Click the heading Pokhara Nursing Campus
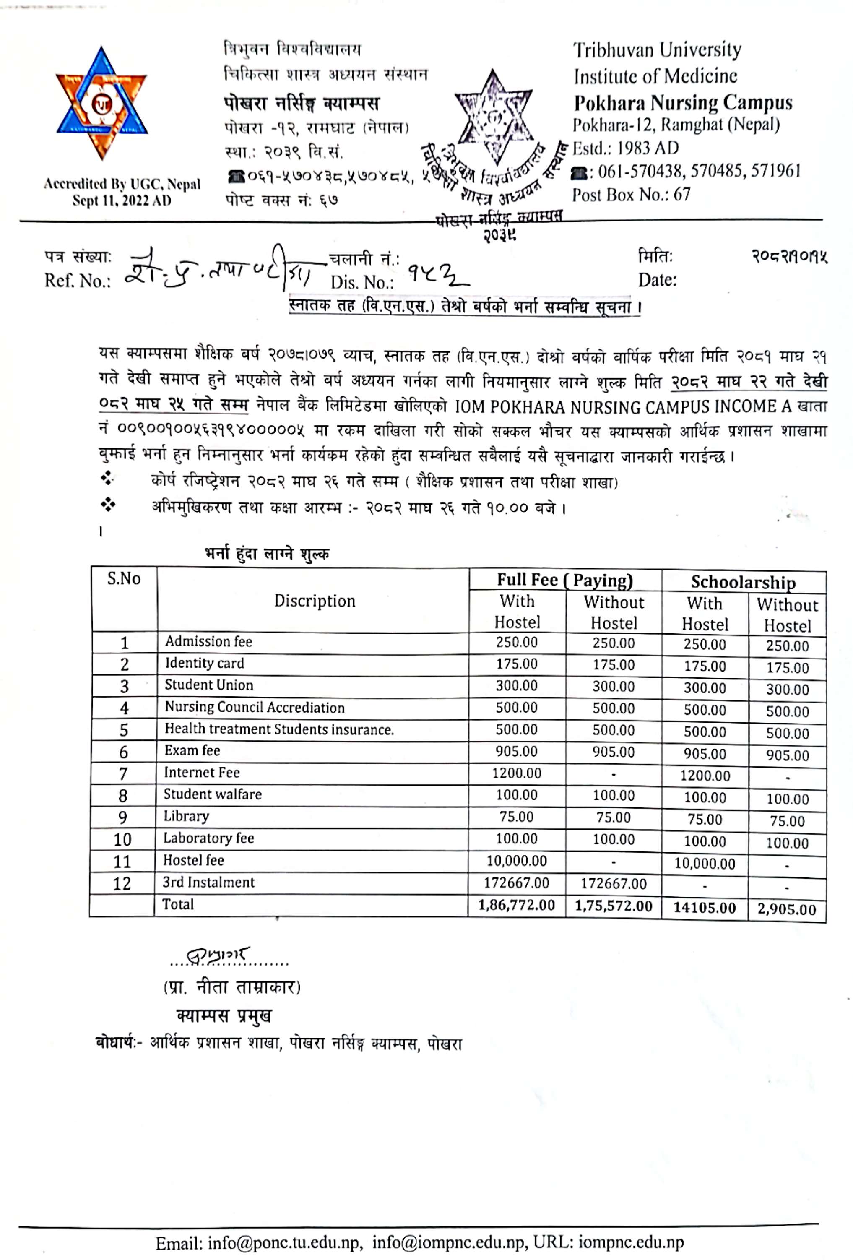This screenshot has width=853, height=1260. pos(683,102)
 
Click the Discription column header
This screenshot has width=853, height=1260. pos(315,601)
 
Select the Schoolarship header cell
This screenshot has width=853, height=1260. pos(743,582)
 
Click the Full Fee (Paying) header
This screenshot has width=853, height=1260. pos(565,580)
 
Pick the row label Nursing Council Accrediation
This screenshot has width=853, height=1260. pos(255,708)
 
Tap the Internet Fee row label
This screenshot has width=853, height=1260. pos(202,773)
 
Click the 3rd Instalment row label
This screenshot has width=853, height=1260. pos(209,882)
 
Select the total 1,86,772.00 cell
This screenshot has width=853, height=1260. pos(517,905)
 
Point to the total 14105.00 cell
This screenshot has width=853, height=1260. pos(705,908)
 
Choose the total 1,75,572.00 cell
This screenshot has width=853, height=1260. pos(614,906)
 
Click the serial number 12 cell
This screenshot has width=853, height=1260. pos(122,884)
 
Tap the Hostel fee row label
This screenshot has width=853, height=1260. pos(193,860)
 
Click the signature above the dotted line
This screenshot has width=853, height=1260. pos(217,956)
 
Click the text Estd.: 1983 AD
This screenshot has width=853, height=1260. pos(626,148)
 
